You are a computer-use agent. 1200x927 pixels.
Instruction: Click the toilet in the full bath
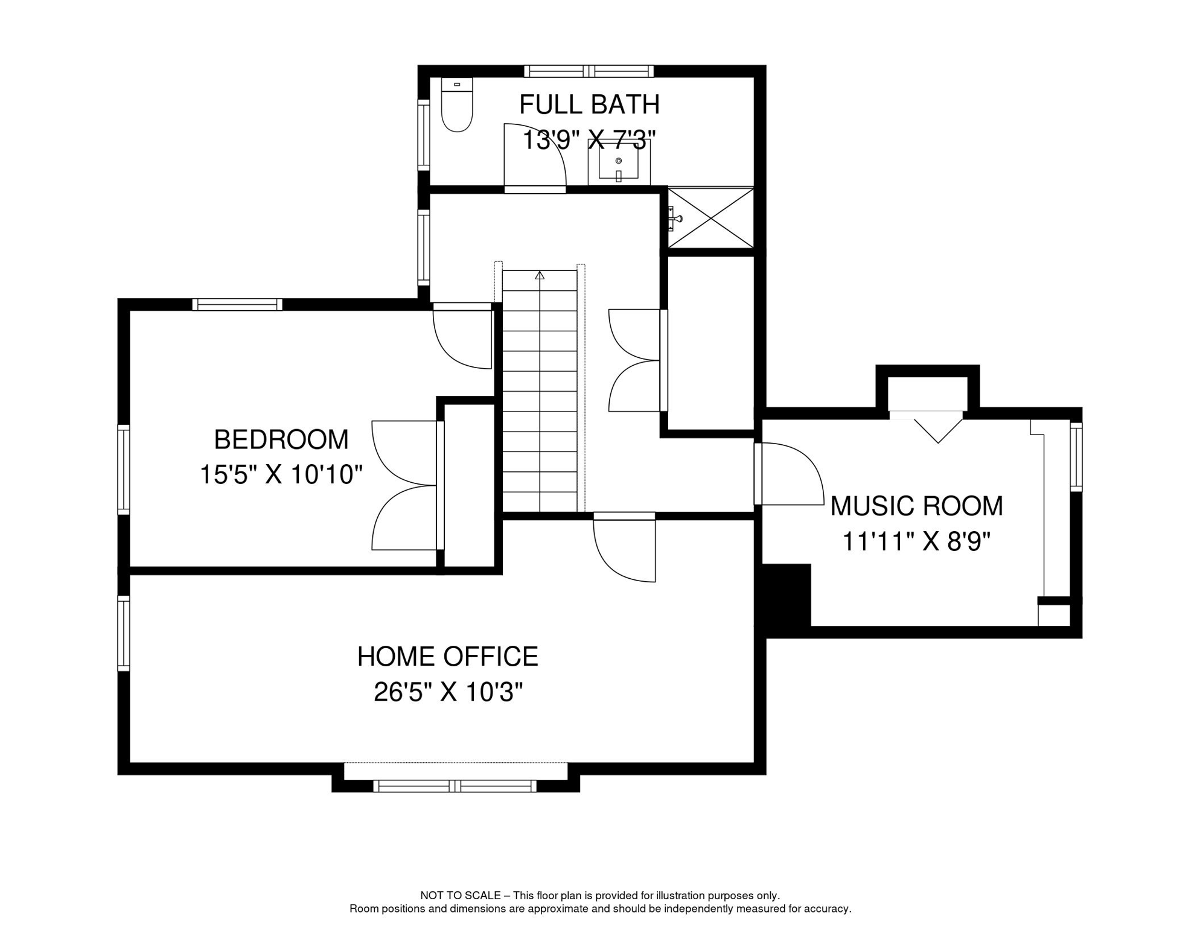pos(457,106)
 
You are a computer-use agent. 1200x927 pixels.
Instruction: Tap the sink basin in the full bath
pos(618,162)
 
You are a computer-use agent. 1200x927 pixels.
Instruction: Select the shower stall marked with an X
pos(710,218)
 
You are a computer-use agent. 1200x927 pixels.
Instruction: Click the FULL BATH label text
pos(589,104)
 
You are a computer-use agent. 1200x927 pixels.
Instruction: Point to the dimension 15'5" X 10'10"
pos(281,475)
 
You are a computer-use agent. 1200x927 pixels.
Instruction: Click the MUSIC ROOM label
pos(916,506)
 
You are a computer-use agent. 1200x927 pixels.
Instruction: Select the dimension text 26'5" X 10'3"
pos(447,692)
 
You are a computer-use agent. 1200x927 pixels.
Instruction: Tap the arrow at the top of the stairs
pos(540,276)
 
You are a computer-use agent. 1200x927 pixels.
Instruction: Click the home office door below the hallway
pos(625,548)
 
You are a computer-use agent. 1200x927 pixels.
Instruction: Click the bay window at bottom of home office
pos(455,786)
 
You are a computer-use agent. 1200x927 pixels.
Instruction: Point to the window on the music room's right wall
pos(1076,456)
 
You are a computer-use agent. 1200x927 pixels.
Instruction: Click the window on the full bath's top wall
pos(589,71)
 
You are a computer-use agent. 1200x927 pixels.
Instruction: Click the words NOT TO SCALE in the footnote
pos(460,896)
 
